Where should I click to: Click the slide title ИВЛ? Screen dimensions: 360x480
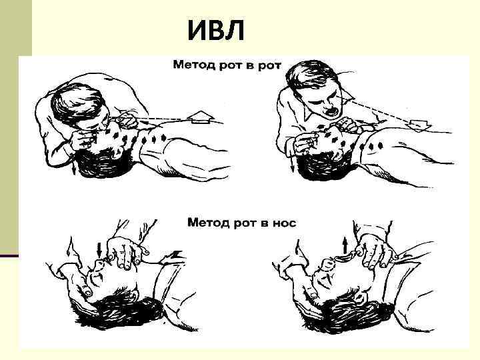(x=215, y=30)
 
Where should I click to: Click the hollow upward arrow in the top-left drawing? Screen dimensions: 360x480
(x=199, y=119)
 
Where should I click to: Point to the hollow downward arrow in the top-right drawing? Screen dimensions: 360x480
(x=419, y=125)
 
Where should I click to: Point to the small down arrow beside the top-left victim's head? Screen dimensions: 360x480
(x=73, y=169)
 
